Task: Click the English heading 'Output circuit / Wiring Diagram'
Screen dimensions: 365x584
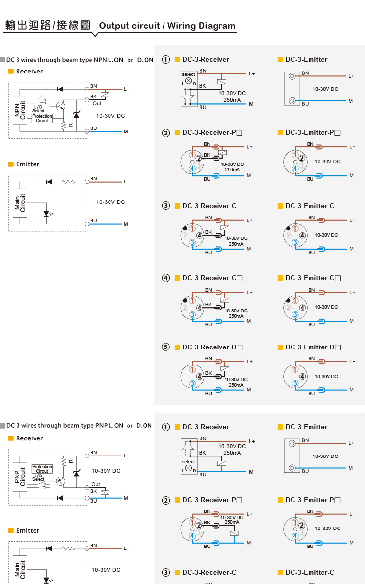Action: [x=167, y=26]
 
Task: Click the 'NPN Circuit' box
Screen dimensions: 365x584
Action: [x=20, y=110]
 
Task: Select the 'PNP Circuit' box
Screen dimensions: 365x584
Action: [x=20, y=476]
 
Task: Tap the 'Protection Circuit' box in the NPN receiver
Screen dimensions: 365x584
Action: [x=42, y=118]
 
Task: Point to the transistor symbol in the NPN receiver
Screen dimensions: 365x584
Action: [x=60, y=106]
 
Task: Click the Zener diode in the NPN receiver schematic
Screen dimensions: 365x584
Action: [x=76, y=114]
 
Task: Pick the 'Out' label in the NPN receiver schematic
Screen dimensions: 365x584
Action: [x=97, y=104]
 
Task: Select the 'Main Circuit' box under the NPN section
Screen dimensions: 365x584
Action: [x=20, y=203]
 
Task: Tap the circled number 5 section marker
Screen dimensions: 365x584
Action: [x=166, y=347]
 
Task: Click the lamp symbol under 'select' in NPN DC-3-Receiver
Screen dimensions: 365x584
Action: [x=188, y=81]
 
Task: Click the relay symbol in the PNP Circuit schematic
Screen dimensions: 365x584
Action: [x=105, y=493]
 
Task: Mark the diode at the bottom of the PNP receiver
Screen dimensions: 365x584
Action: [x=60, y=498]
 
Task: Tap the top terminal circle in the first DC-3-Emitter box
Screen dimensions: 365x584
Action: [x=292, y=76]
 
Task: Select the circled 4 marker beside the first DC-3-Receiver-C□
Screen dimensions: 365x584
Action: [x=166, y=278]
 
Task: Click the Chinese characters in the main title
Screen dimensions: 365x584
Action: [x=48, y=25]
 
